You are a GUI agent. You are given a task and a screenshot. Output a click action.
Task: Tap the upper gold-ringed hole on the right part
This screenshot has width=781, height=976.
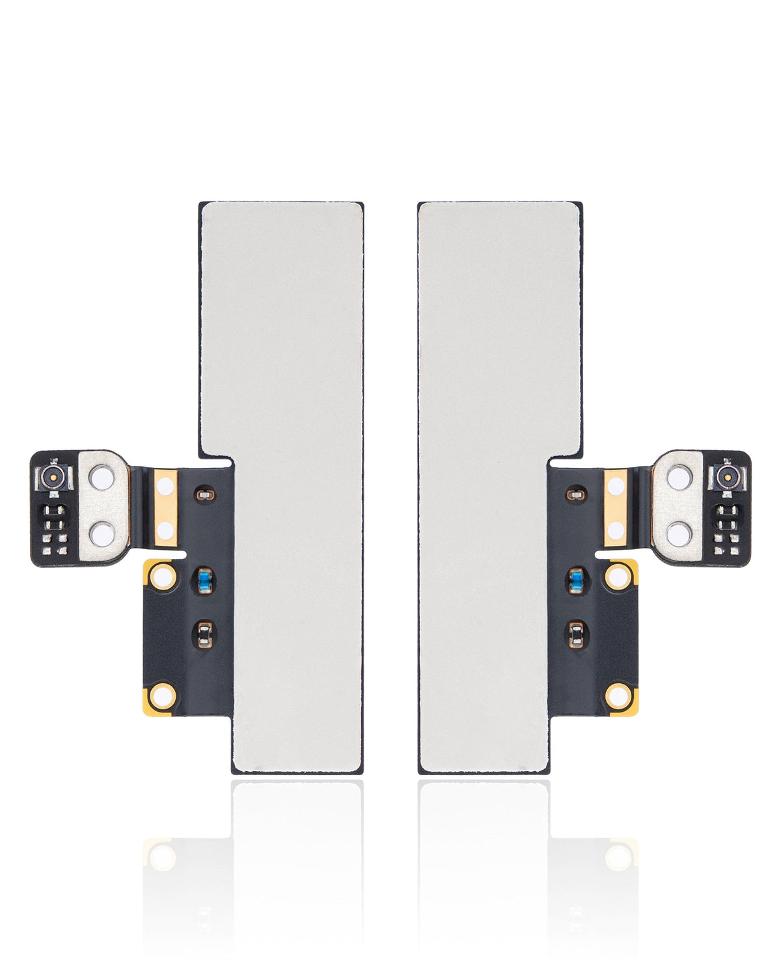click(619, 576)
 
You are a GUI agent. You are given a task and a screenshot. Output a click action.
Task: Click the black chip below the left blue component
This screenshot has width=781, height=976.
click(204, 633)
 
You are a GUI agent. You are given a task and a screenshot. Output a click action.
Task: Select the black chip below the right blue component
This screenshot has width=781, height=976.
click(576, 633)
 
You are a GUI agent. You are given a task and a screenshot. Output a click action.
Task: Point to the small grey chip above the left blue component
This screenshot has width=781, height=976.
click(205, 496)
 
